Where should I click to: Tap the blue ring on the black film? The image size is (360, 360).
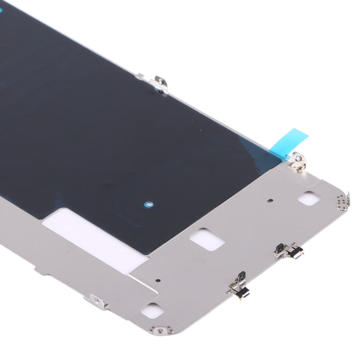coord(148,204)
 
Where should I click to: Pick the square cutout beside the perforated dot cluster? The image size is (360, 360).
coord(310,198)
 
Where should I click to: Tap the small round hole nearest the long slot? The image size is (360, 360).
coord(157,281)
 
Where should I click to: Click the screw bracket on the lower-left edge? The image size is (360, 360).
coord(99,302)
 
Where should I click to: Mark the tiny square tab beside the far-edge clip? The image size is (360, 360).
coord(139,77)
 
